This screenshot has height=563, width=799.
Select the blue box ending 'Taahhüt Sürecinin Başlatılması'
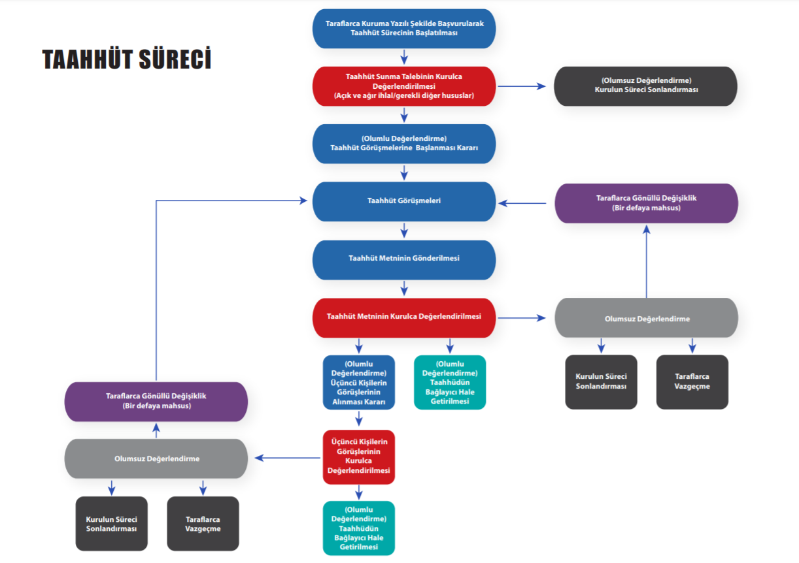coord(404,28)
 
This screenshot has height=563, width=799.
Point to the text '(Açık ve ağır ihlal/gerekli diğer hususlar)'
coord(404,95)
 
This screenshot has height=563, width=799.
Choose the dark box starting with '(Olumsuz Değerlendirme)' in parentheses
coord(645,86)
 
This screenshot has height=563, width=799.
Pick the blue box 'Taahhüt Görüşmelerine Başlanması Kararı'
coord(404,144)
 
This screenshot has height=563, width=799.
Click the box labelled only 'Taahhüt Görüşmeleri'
coord(404,201)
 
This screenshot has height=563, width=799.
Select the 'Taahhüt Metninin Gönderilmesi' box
coord(404,259)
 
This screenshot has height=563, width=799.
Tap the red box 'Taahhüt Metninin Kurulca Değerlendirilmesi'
coord(404,317)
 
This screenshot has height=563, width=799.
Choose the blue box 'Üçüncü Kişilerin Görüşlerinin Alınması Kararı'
coord(359,382)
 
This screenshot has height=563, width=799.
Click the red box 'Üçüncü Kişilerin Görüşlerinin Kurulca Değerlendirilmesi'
coord(359,457)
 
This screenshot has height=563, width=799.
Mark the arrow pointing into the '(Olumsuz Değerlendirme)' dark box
coord(522,86)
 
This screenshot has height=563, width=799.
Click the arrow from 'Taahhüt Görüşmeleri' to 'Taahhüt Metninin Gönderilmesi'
coord(404,231)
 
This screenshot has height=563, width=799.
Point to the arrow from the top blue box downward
coord(404,57)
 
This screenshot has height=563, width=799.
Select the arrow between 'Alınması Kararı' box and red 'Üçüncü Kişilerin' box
coord(359,419)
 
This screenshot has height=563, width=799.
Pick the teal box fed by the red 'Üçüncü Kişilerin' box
coord(359,528)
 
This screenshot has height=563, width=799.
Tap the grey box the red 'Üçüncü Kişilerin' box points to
coord(156,458)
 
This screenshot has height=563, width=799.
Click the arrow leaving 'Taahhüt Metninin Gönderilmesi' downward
coord(404,288)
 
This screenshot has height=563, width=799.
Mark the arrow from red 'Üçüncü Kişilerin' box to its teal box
coord(359,492)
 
